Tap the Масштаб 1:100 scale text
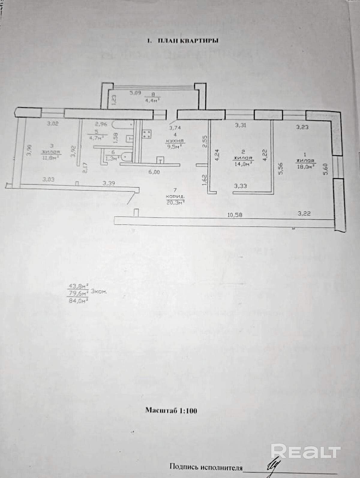(171, 411)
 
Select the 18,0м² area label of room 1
(305, 166)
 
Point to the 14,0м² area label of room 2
(243, 163)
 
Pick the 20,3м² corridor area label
(175, 203)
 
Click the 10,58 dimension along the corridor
(235, 215)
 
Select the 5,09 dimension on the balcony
(135, 93)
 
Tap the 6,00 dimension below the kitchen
(154, 172)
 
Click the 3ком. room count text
(98, 291)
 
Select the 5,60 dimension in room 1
(326, 169)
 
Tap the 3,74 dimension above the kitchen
(175, 128)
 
